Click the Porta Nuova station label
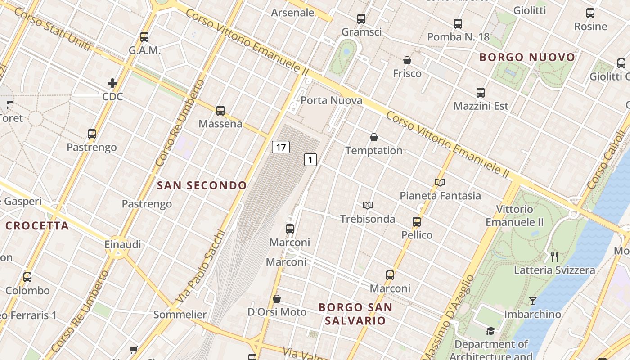[x=331, y=100]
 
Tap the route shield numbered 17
[x=281, y=147]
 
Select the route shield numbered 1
[x=310, y=159]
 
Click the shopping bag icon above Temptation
[x=373, y=137]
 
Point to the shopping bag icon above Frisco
[x=407, y=60]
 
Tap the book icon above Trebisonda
[x=368, y=206]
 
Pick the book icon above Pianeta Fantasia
[x=440, y=182]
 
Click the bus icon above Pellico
[x=417, y=221]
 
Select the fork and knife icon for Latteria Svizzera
[x=554, y=257]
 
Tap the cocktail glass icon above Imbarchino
[x=533, y=301]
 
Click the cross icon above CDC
[x=112, y=83]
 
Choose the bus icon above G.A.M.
[x=144, y=37]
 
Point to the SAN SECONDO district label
[x=202, y=185]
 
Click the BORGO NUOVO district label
[x=527, y=57]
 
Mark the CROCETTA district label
[x=37, y=226]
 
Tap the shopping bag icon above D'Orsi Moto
[x=277, y=299]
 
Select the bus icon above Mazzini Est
[x=481, y=93]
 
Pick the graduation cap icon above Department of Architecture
[x=491, y=331]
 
